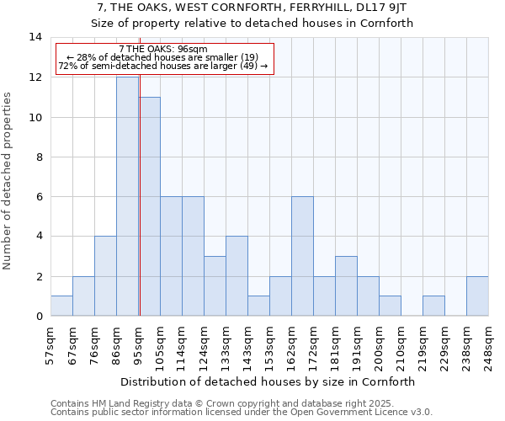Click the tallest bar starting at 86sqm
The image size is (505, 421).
tap(127, 196)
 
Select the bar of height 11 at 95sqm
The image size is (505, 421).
tap(150, 206)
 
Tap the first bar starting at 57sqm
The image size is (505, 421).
tap(61, 306)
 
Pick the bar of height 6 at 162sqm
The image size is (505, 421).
tap(302, 256)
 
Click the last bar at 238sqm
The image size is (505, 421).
tap(477, 296)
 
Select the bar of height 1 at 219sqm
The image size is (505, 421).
tap(433, 306)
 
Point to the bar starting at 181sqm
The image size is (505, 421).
tap(346, 285)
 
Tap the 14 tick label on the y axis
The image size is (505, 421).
tap(35, 37)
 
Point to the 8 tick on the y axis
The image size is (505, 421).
tap(35, 157)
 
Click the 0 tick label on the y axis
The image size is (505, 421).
tap(39, 316)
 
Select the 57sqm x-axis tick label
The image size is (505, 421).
tap(51, 344)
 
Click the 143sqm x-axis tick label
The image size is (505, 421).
tap(248, 344)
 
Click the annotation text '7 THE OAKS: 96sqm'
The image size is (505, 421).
tap(157, 50)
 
